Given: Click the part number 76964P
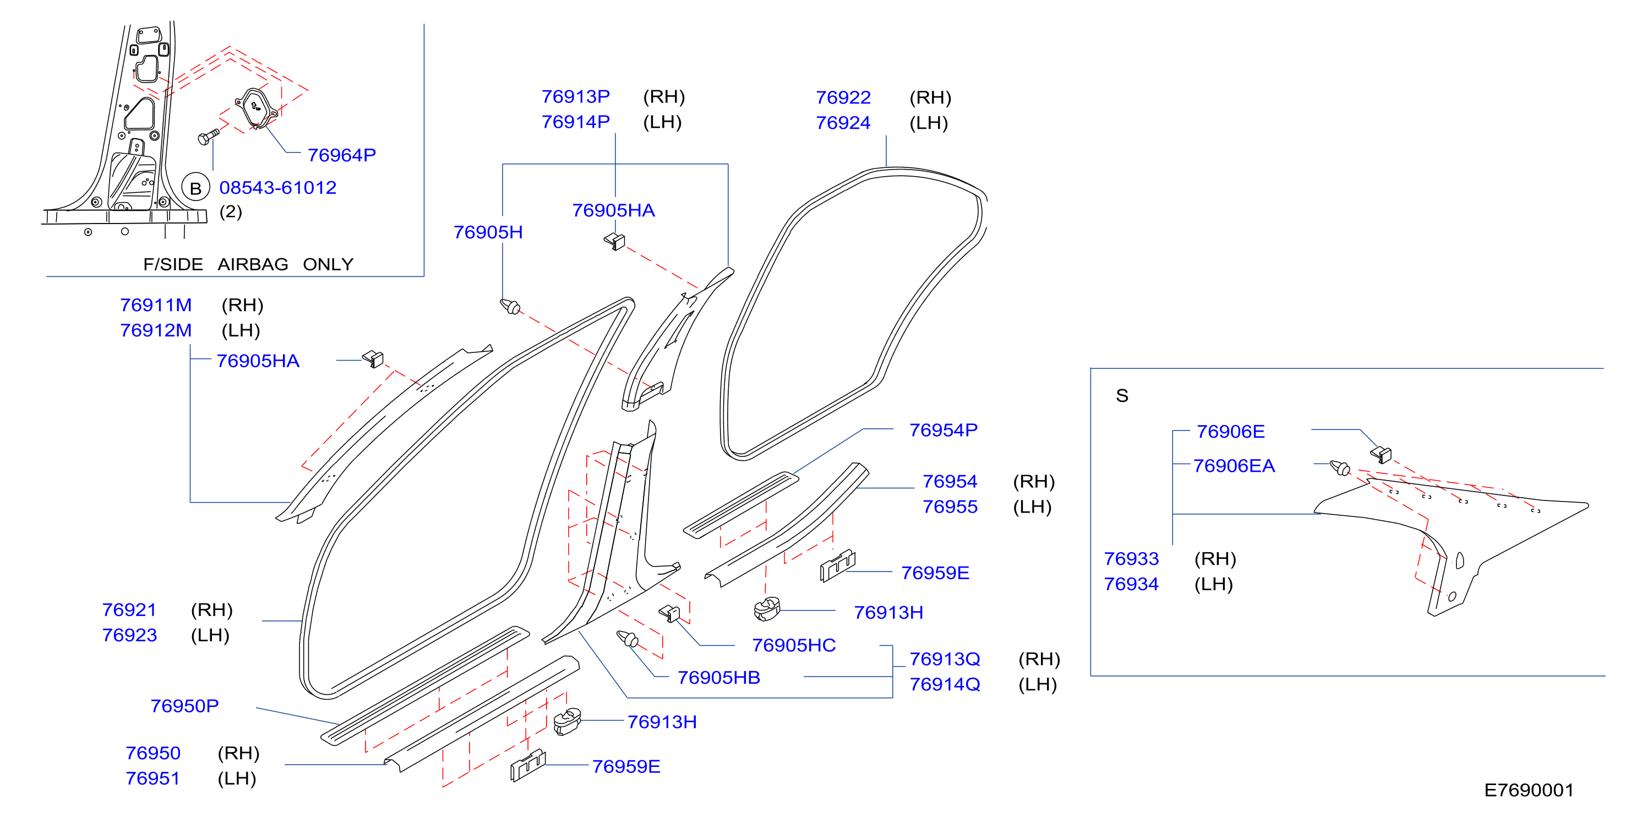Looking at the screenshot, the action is [x=341, y=155].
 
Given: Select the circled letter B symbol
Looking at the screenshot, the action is [x=195, y=188].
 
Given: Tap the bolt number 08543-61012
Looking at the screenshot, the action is [x=277, y=187].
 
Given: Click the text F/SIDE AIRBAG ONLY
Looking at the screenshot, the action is [x=248, y=264].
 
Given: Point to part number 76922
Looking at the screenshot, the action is [x=843, y=97].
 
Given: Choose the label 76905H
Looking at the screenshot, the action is [x=488, y=232].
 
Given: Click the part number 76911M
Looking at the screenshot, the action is [x=156, y=305].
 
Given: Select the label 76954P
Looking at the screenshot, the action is [x=943, y=429].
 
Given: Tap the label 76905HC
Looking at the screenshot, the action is [x=793, y=645].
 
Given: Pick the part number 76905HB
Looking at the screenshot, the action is [x=719, y=677].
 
